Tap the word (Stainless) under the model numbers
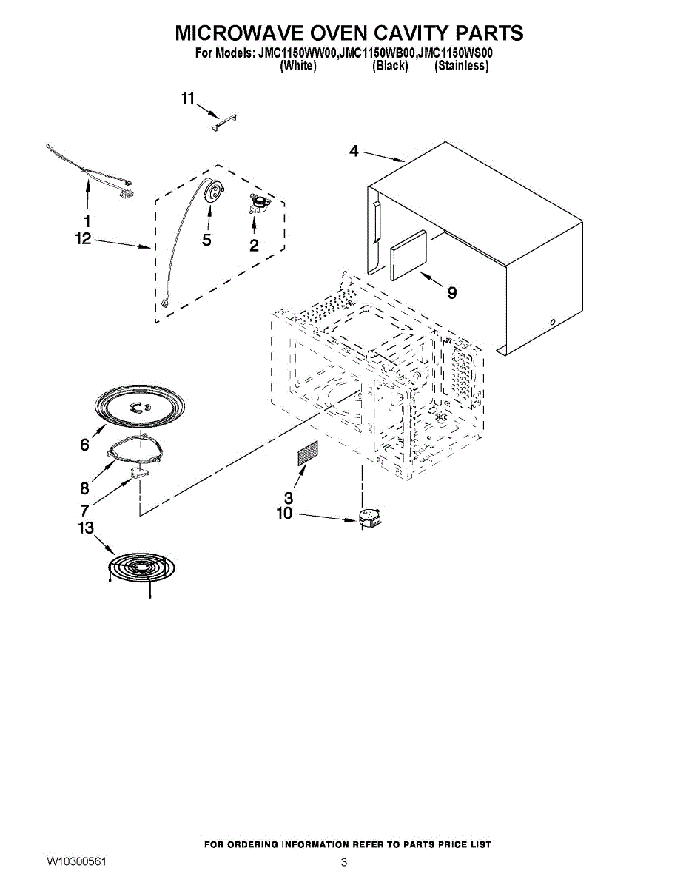pos(461,66)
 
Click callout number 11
pos(188,98)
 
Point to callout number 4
pos(354,151)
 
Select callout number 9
pos(451,292)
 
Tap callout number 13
pos(86,528)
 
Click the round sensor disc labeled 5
pos(214,192)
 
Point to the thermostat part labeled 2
pos(258,204)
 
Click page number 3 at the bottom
pos(344,862)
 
